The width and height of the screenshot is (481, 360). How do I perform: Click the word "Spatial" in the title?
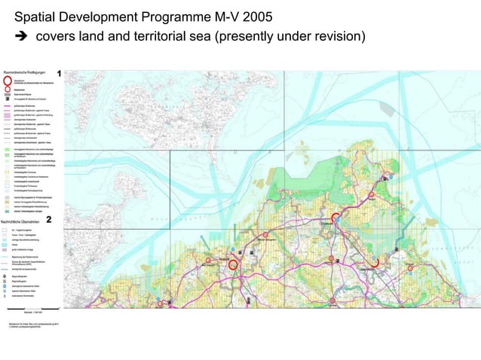35,17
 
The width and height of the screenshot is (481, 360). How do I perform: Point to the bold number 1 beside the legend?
60,73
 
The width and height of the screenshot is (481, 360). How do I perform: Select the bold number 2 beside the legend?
49,220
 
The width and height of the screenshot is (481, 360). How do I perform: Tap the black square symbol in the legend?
8,99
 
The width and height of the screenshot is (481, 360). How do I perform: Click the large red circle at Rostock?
233,264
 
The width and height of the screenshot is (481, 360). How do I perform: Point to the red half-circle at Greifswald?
375,263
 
